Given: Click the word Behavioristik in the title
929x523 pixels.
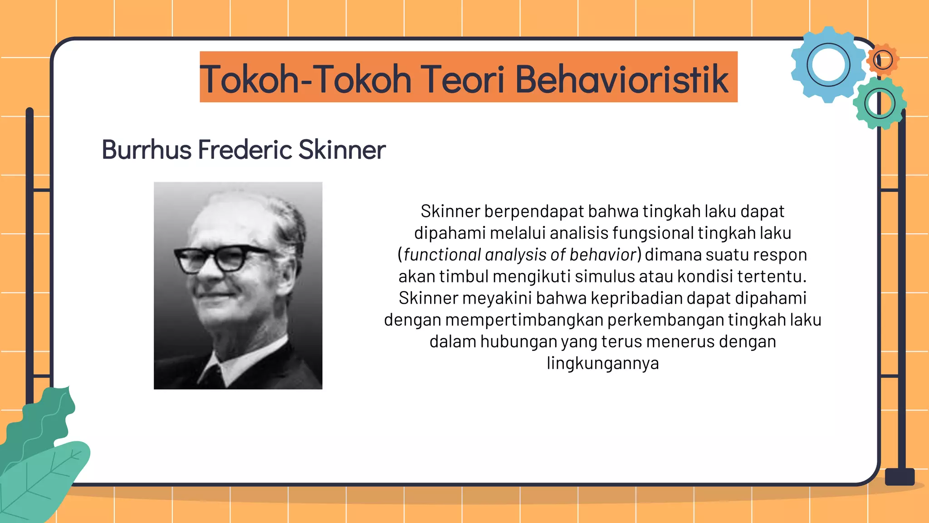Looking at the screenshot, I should coord(621,79).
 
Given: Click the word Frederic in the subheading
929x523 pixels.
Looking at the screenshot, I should coord(245,150).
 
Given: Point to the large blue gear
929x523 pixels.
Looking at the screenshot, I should coord(828,65).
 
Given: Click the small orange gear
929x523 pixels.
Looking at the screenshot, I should coord(883,59).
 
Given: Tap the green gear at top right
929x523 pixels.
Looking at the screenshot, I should coord(880,104).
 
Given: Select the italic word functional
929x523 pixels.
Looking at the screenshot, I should coord(442,255).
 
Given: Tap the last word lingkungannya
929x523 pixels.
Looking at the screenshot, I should coord(602,363).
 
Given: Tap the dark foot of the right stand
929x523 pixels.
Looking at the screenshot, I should coord(900,477).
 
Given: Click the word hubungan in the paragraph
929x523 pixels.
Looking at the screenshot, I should coord(518,342).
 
